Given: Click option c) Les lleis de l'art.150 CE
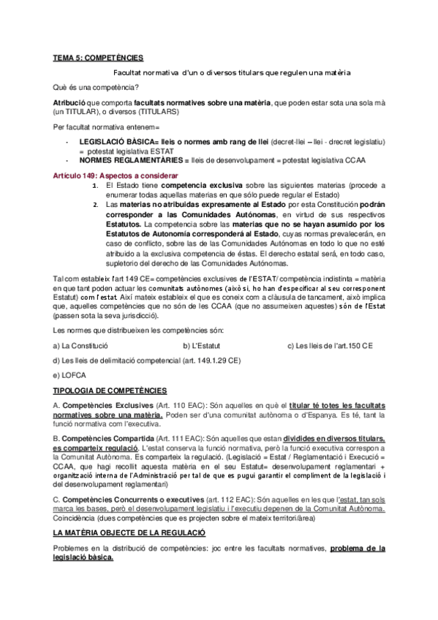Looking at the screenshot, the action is (330, 346).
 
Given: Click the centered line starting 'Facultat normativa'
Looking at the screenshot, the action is (233, 72).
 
